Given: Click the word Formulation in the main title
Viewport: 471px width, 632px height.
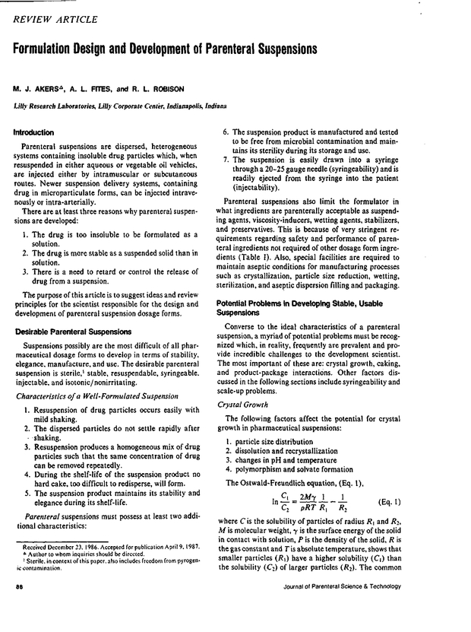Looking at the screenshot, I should tap(54, 48).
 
